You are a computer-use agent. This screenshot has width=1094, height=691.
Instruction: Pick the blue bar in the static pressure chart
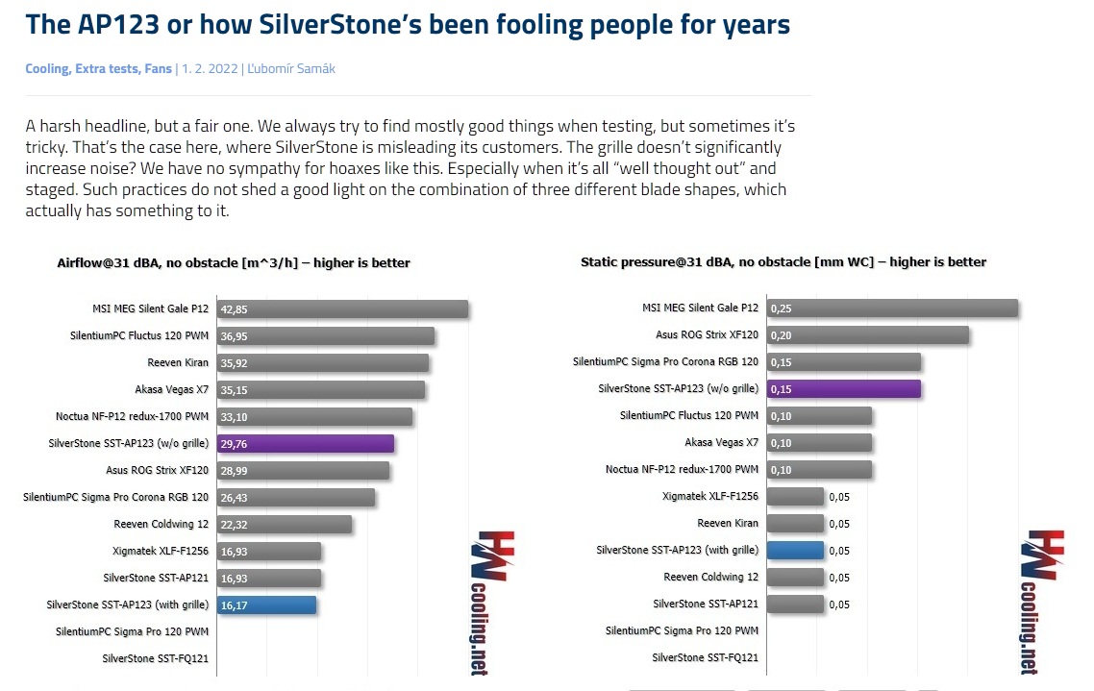[x=795, y=550]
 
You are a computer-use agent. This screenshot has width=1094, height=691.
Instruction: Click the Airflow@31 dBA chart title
[x=234, y=262]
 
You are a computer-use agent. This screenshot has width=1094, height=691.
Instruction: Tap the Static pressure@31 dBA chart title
[x=783, y=261]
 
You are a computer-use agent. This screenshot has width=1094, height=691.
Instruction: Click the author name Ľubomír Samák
[x=291, y=68]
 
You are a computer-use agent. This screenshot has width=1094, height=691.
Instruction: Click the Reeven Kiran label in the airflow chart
[x=178, y=362]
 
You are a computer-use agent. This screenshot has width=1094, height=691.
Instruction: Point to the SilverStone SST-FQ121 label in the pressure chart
[x=705, y=657]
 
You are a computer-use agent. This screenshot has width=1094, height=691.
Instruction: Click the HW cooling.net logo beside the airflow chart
[x=492, y=601]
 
